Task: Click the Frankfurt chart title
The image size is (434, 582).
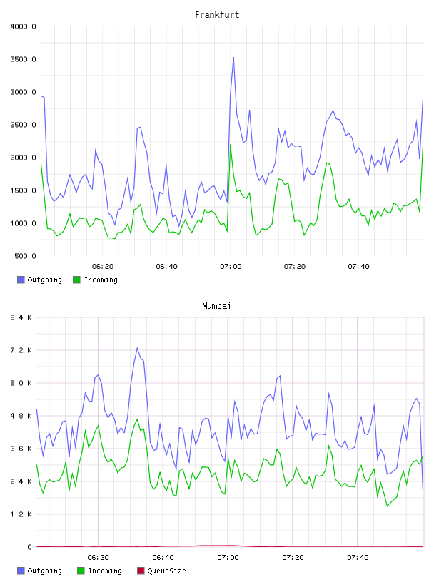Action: point(217,14)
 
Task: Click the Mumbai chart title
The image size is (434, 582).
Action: point(216,305)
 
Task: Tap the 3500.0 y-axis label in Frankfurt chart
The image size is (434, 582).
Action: point(23,59)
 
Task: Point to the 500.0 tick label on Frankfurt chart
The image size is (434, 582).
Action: point(25,256)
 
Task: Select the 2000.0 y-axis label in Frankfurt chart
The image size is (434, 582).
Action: point(23,158)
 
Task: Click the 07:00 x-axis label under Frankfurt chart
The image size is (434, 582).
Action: point(231,267)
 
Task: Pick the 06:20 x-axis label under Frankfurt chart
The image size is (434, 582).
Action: point(103,267)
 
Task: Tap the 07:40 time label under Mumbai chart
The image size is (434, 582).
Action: point(358,558)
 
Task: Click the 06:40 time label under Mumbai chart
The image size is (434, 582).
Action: point(163,558)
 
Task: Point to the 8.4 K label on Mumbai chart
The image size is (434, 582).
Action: point(21,317)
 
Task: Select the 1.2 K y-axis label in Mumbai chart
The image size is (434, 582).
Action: point(21,514)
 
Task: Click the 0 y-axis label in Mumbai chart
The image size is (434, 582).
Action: point(30,547)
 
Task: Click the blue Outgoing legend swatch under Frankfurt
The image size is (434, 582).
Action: point(21,280)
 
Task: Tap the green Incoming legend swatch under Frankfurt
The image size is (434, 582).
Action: point(76,280)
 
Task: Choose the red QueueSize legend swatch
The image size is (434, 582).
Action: point(141,571)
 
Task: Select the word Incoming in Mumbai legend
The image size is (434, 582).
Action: point(105,571)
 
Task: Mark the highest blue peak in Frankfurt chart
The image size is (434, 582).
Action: point(233,58)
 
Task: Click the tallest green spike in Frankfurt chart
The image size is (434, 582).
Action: point(231,145)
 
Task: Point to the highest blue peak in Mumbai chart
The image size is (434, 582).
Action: point(137,348)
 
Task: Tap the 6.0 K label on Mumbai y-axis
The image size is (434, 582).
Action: point(21,383)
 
